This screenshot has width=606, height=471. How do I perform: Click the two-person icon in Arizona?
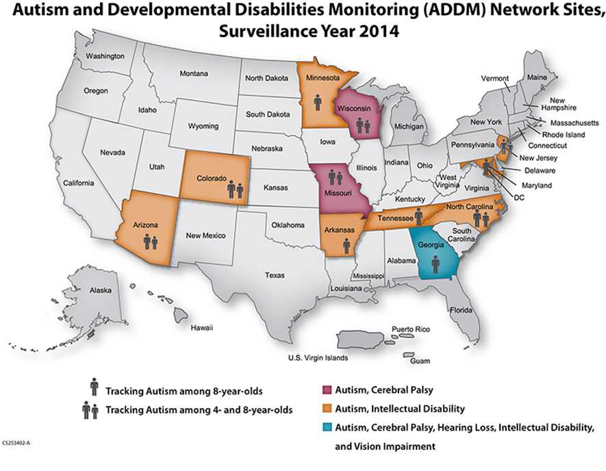tap(151, 240)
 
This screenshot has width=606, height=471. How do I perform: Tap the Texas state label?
tap(275, 275)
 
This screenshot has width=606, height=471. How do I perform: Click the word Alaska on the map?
tap(101, 290)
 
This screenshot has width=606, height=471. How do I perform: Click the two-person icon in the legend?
tap(91, 410)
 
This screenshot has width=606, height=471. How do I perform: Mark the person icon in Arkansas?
tap(346, 245)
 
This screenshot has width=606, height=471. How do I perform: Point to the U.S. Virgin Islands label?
tap(318, 358)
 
